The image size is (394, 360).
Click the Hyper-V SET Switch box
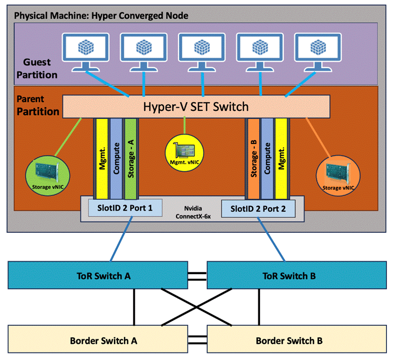pyautogui.click(x=196, y=106)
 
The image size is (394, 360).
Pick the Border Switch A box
pyautogui.click(x=100, y=340)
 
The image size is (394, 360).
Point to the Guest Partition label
pyautogui.click(x=40, y=68)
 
